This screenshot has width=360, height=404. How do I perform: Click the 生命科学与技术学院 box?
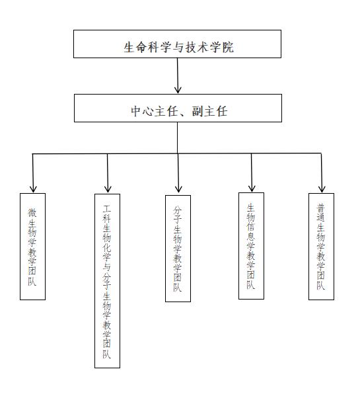click(x=177, y=44)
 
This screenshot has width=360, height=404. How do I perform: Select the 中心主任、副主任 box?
click(x=178, y=108)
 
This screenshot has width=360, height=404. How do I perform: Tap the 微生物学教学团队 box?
click(x=32, y=247)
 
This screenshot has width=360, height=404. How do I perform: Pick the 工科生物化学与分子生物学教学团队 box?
click(x=107, y=281)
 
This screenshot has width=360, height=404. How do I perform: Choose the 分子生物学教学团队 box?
click(x=178, y=249)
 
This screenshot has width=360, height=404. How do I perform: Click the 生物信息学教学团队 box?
click(x=251, y=246)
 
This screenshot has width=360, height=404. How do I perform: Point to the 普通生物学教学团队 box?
click(x=322, y=247)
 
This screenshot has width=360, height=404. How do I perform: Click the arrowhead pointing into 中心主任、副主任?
click(x=178, y=90)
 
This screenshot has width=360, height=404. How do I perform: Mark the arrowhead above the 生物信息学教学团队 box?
click(x=252, y=188)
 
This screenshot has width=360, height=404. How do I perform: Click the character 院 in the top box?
click(x=228, y=48)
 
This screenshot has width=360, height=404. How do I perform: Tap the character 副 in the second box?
click(x=197, y=111)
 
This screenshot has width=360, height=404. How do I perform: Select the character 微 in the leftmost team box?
click(x=32, y=213)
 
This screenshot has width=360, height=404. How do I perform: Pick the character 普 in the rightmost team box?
click(x=320, y=208)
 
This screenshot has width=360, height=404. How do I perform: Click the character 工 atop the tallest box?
click(x=107, y=208)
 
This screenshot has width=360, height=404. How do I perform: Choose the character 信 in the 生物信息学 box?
click(x=250, y=227)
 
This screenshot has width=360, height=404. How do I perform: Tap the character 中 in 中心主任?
click(x=135, y=111)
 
